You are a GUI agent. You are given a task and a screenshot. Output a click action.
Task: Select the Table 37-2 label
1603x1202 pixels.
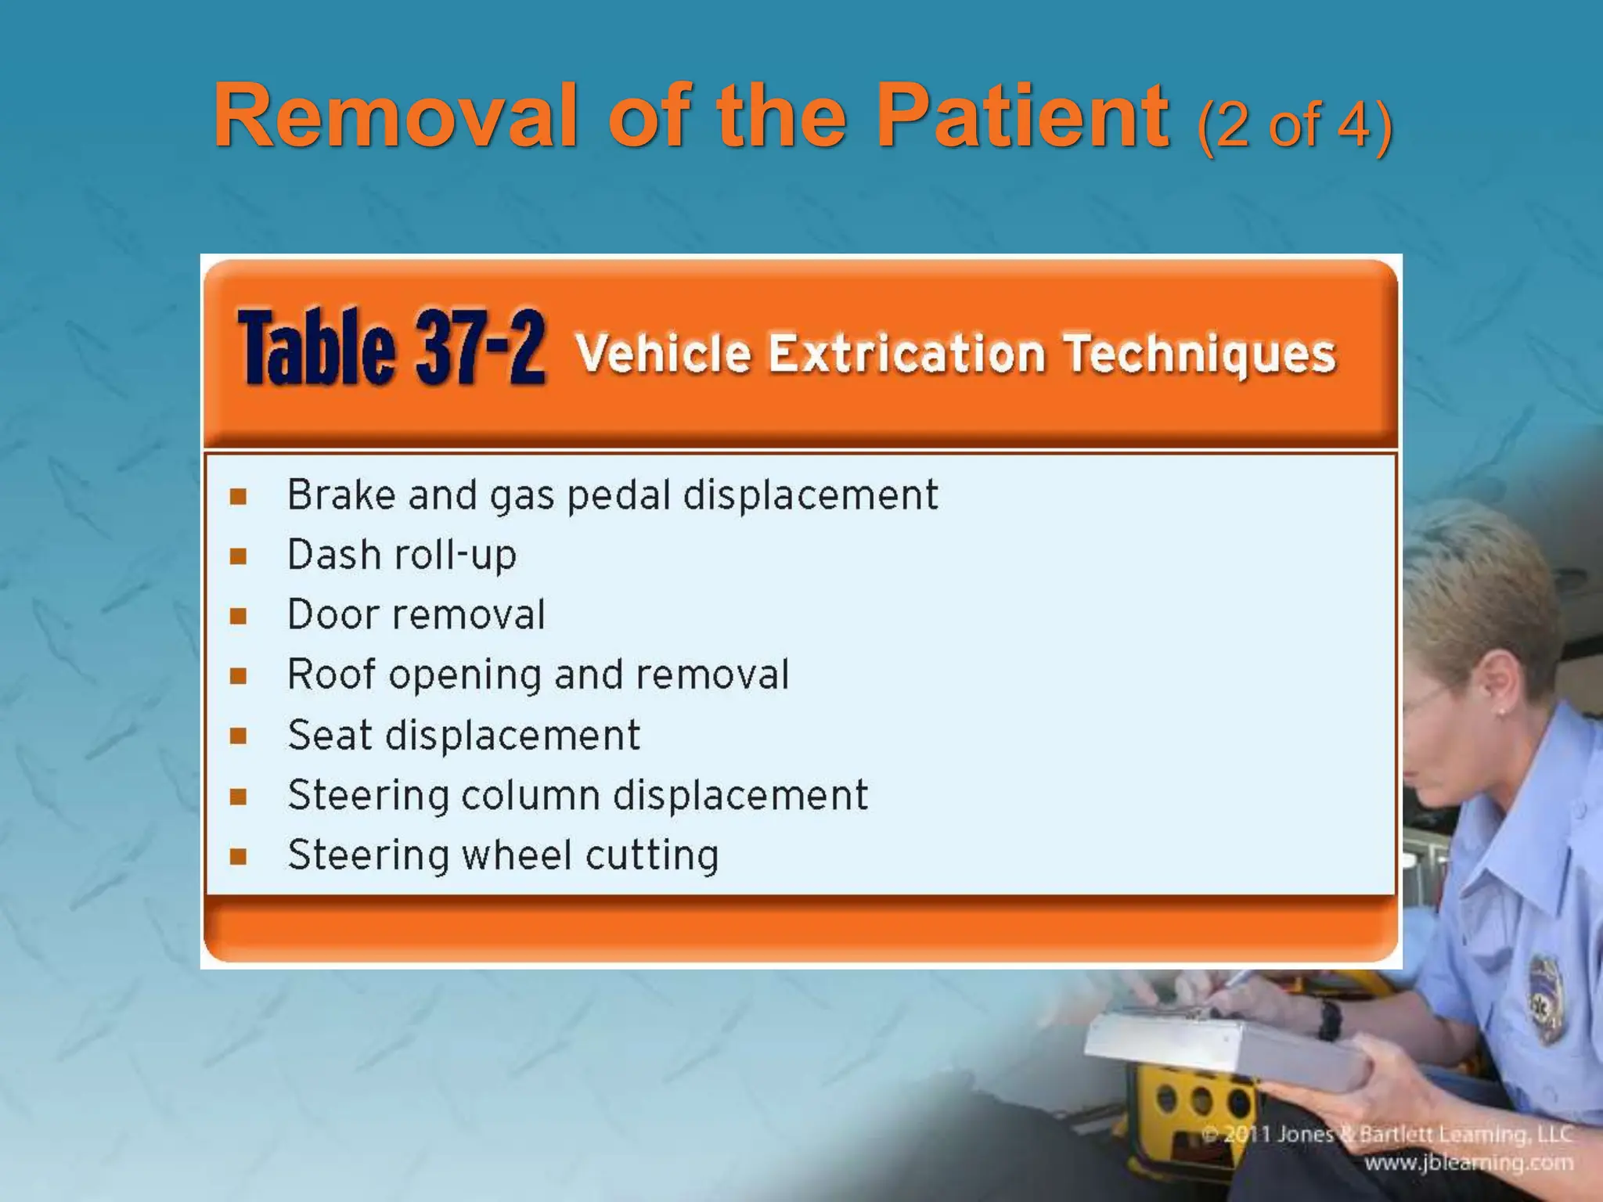tap(391, 347)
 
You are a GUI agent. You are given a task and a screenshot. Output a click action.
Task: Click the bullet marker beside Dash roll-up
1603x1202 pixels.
tap(239, 556)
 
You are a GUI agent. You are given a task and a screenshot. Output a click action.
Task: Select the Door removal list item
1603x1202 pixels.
tap(416, 614)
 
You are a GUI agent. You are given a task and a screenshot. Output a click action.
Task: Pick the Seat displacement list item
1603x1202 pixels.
tap(463, 735)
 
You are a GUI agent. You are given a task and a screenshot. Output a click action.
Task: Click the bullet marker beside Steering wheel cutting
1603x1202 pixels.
tap(239, 856)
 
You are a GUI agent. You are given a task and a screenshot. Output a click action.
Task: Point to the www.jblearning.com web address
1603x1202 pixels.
tap(1468, 1163)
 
